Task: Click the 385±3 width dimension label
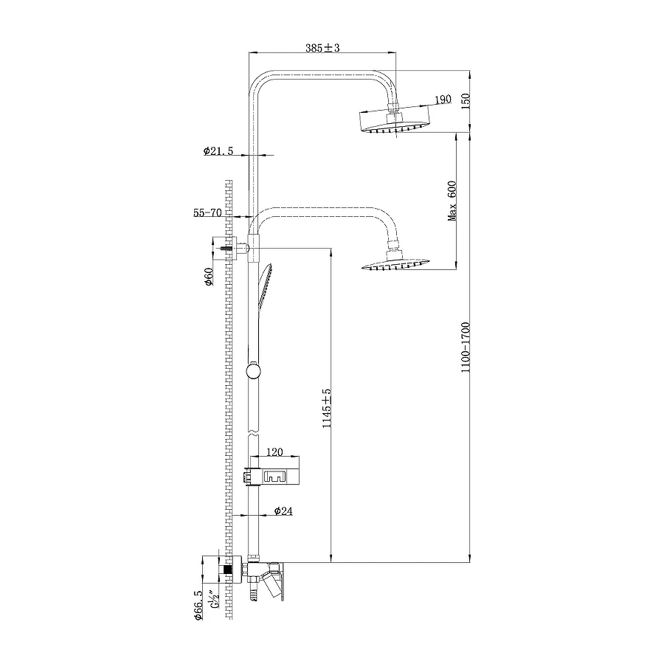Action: [322, 48]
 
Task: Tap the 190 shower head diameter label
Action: [443, 100]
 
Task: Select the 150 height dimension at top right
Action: [465, 101]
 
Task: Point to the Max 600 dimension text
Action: [453, 201]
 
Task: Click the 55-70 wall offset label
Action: [207, 212]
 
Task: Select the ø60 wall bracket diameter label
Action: [209, 277]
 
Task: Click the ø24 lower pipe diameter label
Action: [283, 511]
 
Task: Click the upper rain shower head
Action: [393, 122]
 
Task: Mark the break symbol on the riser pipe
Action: [253, 429]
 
